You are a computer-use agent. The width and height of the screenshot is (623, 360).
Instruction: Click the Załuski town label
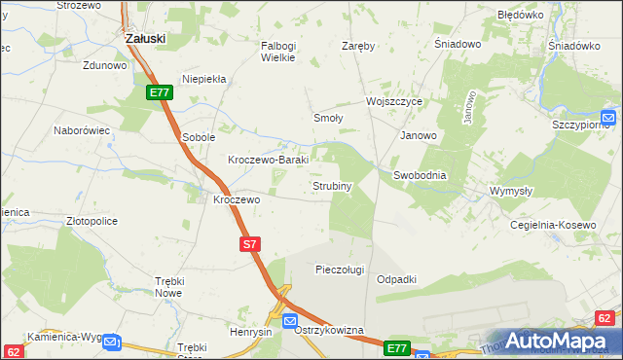[146, 38]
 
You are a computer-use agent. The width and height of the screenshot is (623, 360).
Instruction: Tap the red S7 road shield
[249, 245]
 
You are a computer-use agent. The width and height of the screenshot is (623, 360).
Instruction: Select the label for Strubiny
[331, 185]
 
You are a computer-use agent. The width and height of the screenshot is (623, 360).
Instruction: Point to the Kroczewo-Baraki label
[268, 160]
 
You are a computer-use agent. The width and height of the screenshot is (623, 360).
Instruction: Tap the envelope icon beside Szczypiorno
[608, 118]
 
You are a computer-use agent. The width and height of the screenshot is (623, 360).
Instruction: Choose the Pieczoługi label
[340, 269]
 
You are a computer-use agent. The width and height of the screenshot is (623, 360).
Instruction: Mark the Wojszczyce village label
[393, 101]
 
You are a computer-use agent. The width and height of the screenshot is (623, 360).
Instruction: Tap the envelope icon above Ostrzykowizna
[289, 320]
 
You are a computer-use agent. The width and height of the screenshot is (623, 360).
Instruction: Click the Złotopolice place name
[92, 221]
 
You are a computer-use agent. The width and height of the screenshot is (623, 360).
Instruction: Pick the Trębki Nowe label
[169, 286]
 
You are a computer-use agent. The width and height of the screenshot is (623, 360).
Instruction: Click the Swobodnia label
[420, 175]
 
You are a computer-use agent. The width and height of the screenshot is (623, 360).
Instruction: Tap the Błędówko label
[520, 16]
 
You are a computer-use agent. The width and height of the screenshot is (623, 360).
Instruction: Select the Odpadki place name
[396, 279]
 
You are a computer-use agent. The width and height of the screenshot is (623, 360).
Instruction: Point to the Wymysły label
[510, 191]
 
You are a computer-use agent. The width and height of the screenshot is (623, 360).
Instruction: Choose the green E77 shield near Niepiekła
[161, 91]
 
